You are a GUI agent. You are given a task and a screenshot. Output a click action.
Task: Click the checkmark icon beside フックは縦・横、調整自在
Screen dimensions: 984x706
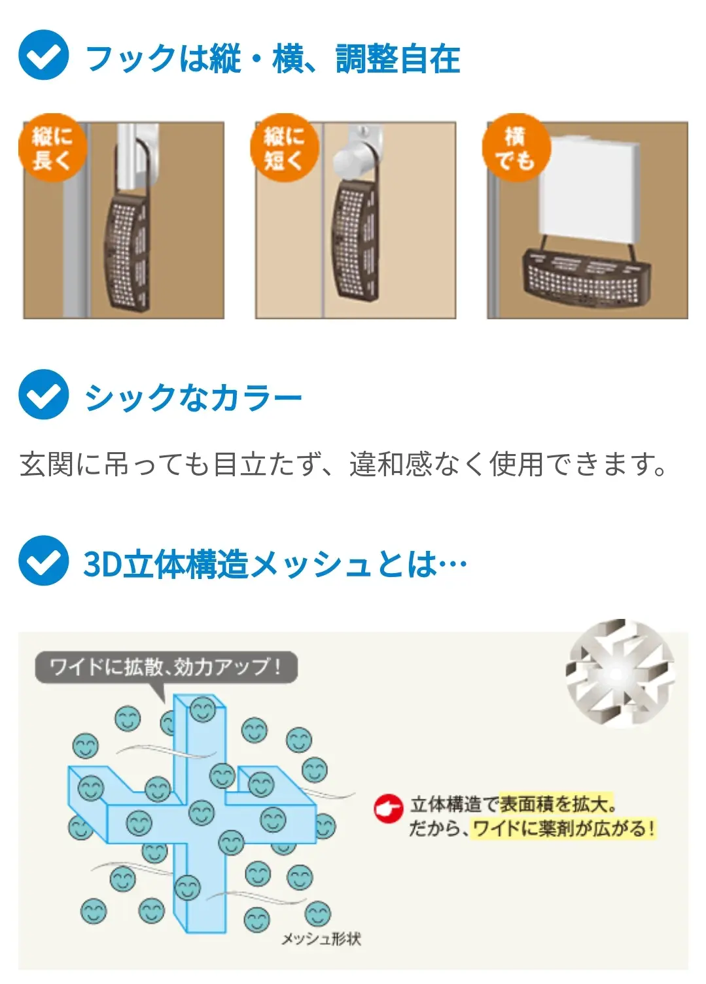[43, 56]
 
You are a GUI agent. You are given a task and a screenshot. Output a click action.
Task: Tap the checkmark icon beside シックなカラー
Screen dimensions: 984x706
[43, 395]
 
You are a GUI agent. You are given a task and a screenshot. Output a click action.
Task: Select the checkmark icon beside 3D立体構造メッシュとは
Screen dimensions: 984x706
[43, 561]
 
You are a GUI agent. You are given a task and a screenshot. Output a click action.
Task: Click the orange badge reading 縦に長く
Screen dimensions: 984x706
[52, 149]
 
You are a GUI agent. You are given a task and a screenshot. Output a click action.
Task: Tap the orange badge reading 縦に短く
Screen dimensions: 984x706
[284, 149]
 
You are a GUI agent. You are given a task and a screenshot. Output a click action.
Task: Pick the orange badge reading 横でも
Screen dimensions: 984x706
[516, 149]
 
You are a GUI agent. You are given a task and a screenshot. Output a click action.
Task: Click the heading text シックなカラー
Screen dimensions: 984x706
[193, 397]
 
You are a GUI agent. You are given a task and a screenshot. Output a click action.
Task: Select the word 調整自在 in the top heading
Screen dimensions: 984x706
[398, 59]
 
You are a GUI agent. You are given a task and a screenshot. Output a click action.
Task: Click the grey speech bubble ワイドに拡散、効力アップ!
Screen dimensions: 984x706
[166, 667]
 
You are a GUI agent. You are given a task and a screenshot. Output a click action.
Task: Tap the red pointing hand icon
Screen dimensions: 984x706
[388, 809]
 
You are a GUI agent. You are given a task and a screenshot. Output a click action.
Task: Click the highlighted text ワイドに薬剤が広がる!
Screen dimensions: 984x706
[563, 828]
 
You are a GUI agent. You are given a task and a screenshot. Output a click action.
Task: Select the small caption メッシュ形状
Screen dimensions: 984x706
[321, 939]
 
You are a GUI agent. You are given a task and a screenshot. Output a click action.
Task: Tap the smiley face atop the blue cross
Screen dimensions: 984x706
[202, 709]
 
